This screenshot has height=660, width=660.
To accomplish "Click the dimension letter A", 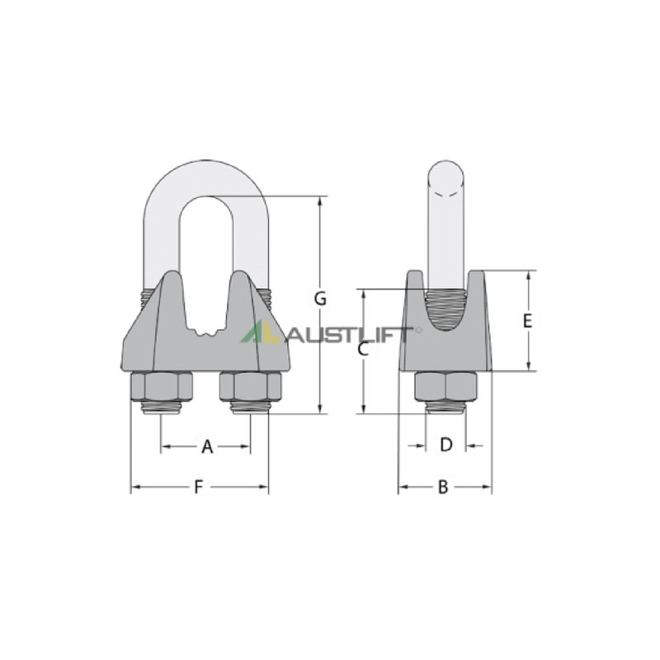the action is pos(207,446).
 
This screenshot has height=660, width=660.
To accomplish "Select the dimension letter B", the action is pos(443,488).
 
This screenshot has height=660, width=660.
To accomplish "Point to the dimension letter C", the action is pos(363,349).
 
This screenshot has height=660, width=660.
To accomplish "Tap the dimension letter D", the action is pos(445,445).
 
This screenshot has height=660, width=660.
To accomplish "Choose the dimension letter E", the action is pos(527,321).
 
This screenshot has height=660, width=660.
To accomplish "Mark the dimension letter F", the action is pos(198,488).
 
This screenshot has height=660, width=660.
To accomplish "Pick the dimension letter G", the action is pos(320,299).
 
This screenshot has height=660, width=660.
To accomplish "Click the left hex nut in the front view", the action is pos(162,387).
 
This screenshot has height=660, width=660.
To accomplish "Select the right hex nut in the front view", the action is pos(251,387).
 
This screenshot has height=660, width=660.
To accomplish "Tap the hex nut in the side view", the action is pos(446,387).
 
